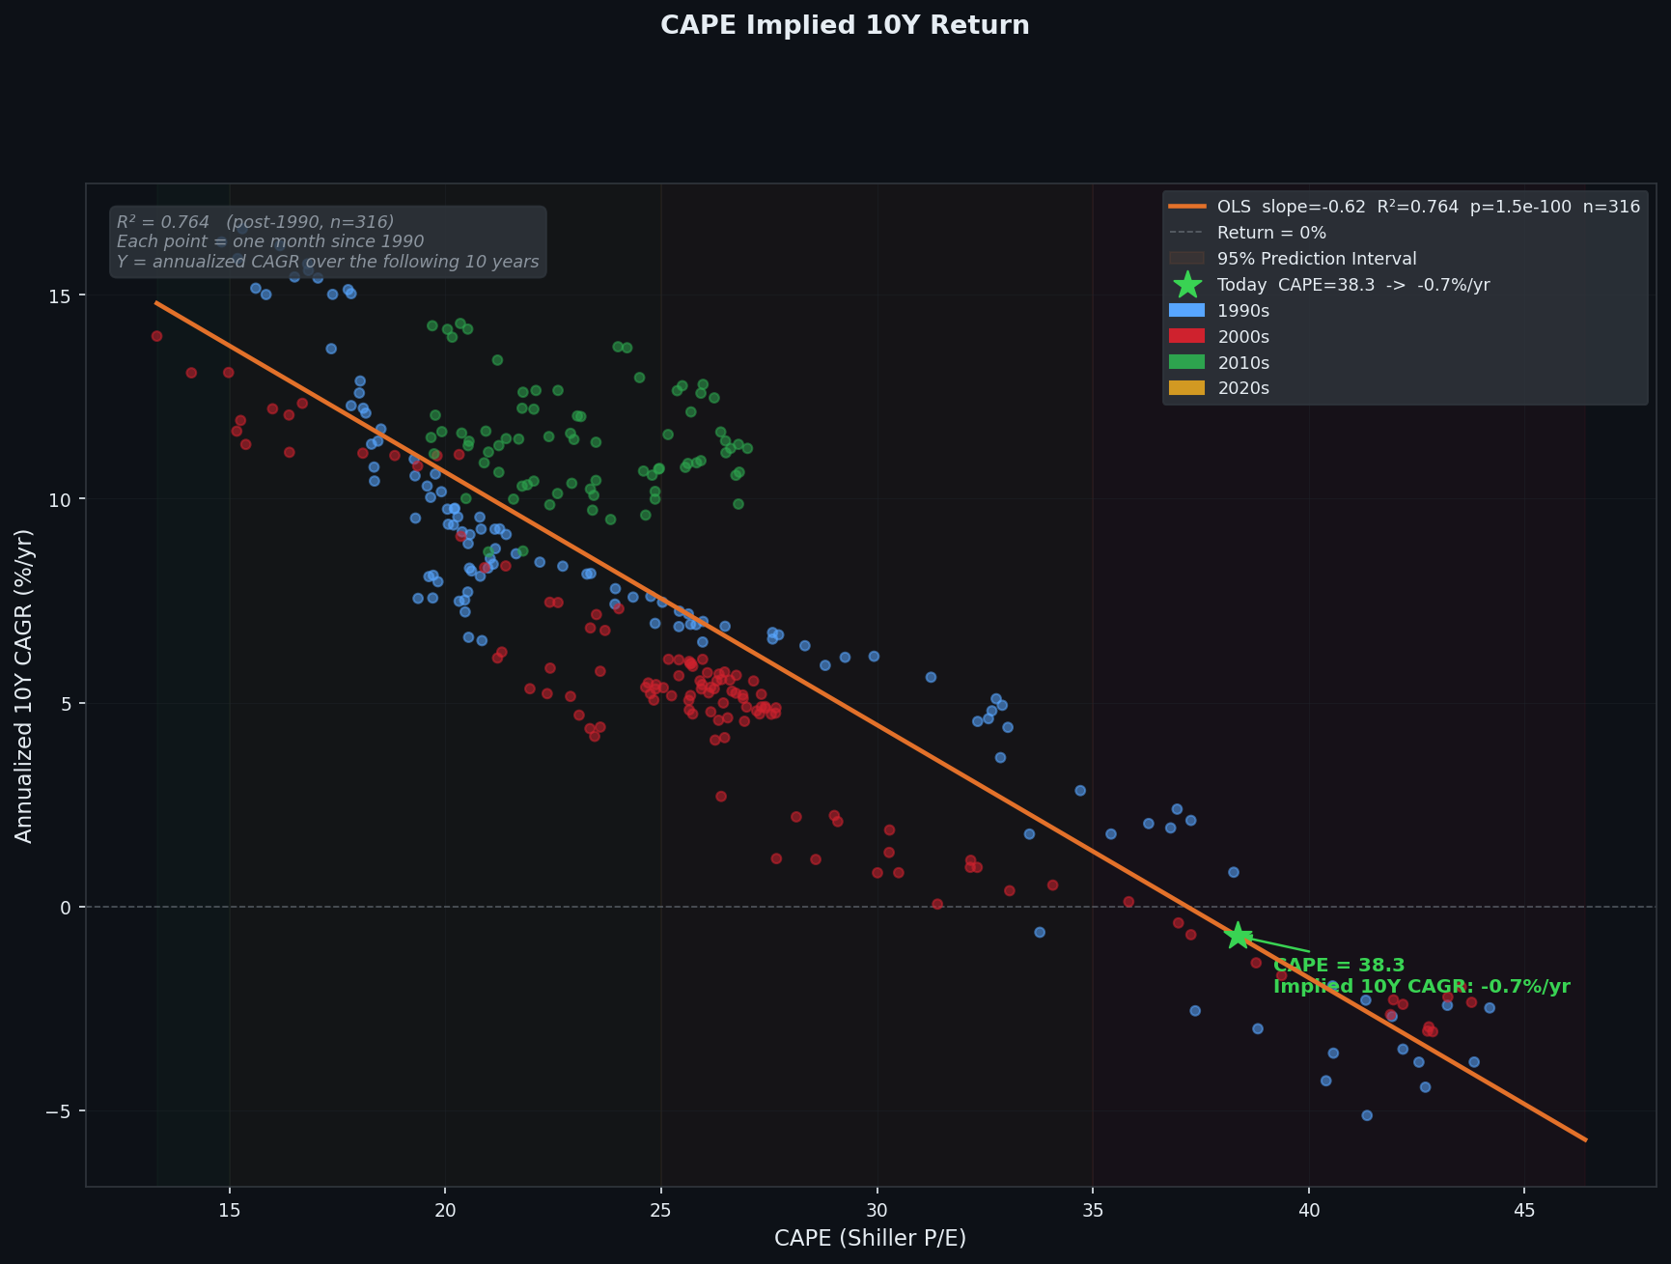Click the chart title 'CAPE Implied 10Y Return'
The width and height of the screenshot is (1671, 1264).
click(845, 26)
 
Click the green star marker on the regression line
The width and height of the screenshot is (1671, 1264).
click(1239, 936)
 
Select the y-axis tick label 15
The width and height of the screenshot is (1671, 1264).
click(61, 295)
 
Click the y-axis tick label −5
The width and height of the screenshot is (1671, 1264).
click(56, 1111)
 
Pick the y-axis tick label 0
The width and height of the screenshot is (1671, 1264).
click(67, 908)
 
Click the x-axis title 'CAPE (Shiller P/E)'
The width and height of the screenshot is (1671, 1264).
click(870, 1238)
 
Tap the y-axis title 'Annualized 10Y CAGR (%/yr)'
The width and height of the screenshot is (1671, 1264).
click(25, 686)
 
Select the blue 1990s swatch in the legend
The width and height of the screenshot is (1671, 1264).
click(1186, 311)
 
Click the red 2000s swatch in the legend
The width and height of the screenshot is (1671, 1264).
click(1186, 337)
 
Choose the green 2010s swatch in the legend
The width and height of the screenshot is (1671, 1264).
click(1186, 363)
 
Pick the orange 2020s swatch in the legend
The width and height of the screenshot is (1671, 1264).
click(1186, 388)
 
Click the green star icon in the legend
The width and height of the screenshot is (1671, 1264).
click(1187, 285)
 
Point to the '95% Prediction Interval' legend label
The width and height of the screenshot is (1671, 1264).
click(1317, 259)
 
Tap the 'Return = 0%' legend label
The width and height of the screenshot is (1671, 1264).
click(1271, 233)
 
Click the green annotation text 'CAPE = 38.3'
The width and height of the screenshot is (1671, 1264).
click(1338, 966)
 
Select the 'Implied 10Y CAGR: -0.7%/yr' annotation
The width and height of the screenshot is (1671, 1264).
click(1421, 987)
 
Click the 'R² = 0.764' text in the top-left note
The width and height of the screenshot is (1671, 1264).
click(162, 222)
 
